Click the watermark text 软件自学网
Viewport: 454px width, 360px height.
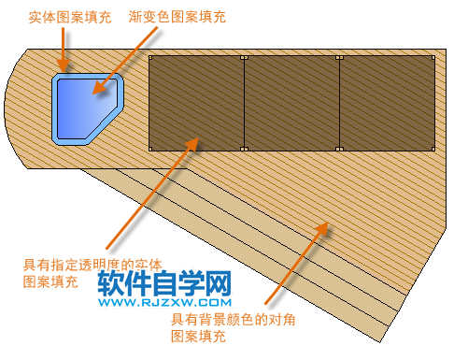click(163, 282)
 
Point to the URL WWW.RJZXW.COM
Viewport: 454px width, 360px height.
click(163, 303)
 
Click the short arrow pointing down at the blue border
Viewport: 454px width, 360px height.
click(64, 52)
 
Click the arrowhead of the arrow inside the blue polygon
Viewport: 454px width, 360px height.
click(97, 94)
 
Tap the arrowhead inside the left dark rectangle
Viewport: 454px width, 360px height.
click(196, 140)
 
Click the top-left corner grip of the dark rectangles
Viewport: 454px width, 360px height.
click(149, 57)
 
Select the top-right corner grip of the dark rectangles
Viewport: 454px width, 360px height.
click(434, 57)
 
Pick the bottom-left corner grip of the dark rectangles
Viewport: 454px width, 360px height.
click(149, 150)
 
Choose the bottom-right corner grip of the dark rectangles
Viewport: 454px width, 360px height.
click(434, 150)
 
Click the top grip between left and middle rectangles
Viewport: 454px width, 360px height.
click(244, 57)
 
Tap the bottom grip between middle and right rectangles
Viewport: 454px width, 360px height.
click(339, 150)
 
